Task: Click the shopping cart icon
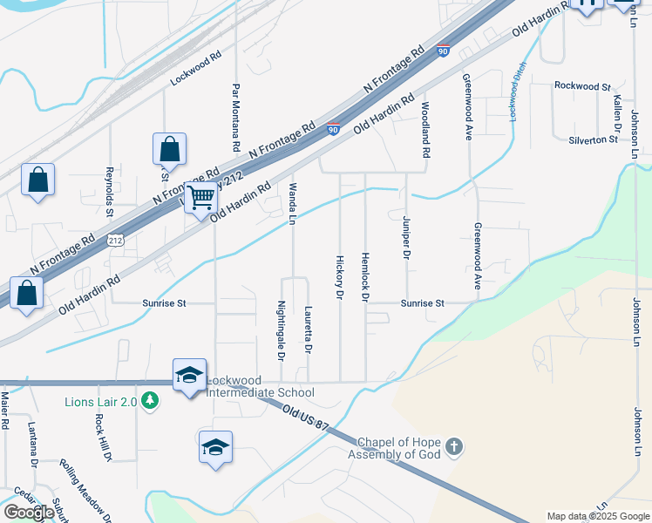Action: pyautogui.click(x=201, y=198)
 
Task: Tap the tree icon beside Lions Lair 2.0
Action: pyautogui.click(x=152, y=401)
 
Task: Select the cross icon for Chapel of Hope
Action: pyautogui.click(x=452, y=448)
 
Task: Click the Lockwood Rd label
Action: pyautogui.click(x=196, y=66)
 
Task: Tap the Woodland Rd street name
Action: pyautogui.click(x=425, y=130)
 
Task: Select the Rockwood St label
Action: pyautogui.click(x=582, y=86)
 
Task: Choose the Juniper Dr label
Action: pyautogui.click(x=405, y=238)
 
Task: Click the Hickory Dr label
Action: pyautogui.click(x=339, y=276)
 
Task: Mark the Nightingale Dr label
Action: pyautogui.click(x=281, y=330)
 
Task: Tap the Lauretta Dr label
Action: pyautogui.click(x=308, y=330)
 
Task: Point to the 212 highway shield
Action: pyautogui.click(x=116, y=238)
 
